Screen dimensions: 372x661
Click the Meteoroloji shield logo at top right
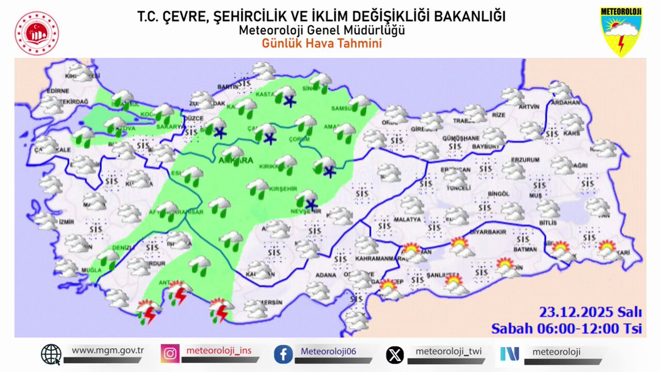621,31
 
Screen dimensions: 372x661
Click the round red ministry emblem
36,33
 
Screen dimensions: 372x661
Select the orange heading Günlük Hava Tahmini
322,44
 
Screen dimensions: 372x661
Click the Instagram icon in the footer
170,353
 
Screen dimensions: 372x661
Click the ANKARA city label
238,161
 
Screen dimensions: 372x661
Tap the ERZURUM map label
524,160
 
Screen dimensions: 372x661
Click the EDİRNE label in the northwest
58,91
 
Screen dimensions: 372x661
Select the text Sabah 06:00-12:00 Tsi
567,328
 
